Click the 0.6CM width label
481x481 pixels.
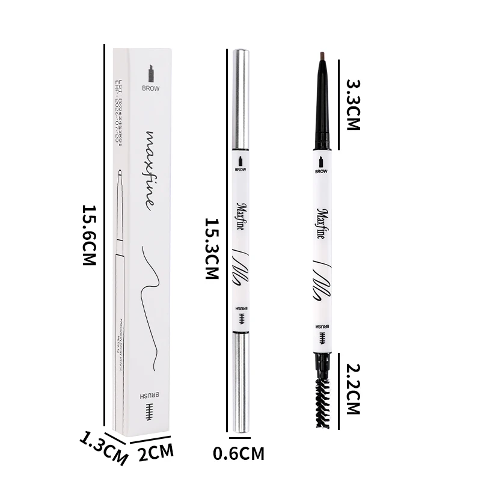(x=239, y=453)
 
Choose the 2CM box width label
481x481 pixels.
(x=156, y=452)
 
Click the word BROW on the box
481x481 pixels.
(x=150, y=88)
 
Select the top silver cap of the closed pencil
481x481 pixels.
(x=240, y=99)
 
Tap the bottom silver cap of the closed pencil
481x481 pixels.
(x=240, y=382)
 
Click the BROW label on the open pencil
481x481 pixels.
(x=322, y=171)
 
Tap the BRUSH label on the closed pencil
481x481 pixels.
(x=240, y=314)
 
